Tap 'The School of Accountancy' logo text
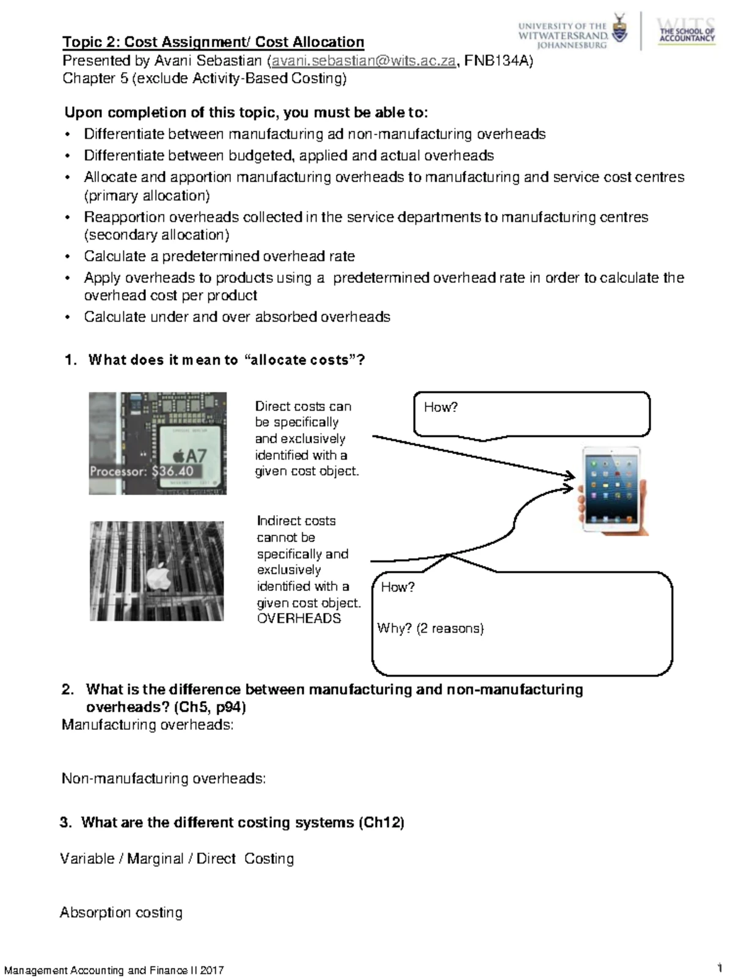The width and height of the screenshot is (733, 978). coord(687,34)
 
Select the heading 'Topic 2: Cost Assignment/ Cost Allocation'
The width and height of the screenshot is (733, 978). coord(213,42)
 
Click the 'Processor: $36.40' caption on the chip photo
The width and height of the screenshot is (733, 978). coord(142,471)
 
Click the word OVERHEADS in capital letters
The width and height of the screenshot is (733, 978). coord(299,619)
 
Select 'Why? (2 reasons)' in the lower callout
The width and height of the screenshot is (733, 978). coord(430,628)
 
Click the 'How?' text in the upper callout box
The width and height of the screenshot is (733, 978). coord(440,407)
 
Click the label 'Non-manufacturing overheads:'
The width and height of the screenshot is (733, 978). coord(164,779)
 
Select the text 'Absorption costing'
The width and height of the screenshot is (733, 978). coord(121,913)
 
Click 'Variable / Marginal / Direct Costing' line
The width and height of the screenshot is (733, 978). coord(177,859)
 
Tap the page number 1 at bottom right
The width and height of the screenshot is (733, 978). coord(721,968)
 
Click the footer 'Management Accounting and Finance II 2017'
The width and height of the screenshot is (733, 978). coord(114,970)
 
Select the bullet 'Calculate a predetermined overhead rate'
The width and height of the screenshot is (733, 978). coord(219,256)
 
